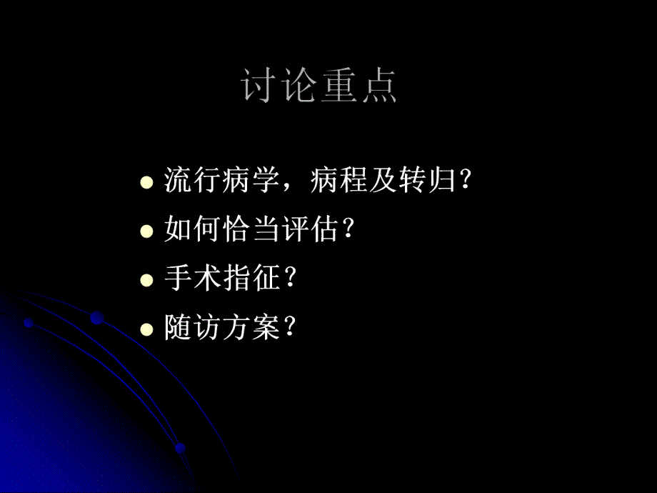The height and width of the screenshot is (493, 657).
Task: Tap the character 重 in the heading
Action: point(339,87)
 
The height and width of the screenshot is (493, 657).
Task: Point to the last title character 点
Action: point(378,87)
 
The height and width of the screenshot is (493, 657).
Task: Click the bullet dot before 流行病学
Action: point(146,181)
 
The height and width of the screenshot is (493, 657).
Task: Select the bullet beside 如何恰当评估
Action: point(146,231)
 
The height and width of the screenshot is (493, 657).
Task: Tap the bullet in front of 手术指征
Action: point(146,280)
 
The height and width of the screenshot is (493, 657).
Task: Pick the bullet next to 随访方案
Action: point(146,329)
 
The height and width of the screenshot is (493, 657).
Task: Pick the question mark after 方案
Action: point(289,329)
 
